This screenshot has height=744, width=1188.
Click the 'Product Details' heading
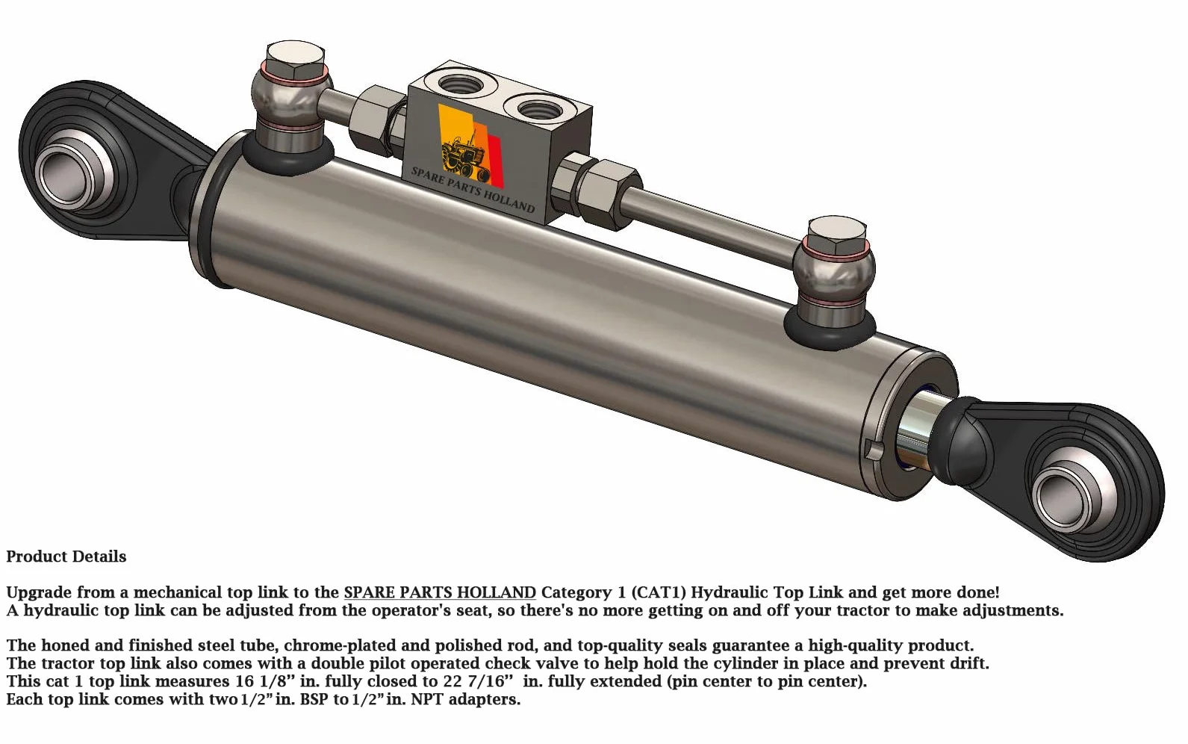click(66, 557)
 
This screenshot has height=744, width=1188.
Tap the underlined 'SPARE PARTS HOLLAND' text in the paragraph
click(440, 592)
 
